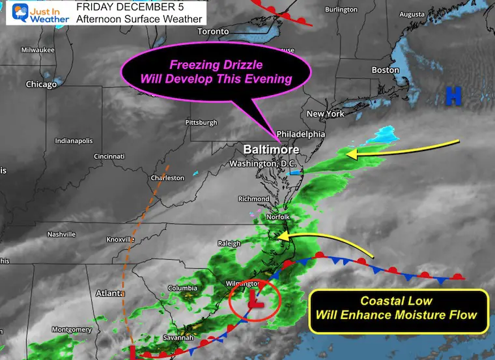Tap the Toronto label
(x=213, y=31)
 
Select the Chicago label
(x=42, y=84)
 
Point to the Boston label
(x=385, y=70)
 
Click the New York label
(x=325, y=114)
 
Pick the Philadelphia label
(x=301, y=134)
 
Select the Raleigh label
(x=229, y=243)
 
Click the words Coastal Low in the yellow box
(x=397, y=302)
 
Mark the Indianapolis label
(x=74, y=141)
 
